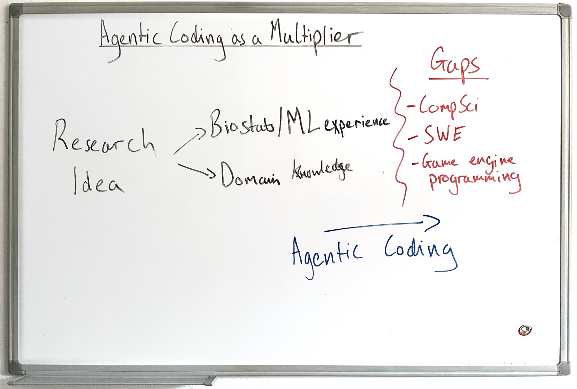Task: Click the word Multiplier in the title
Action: [316, 36]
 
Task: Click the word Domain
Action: [250, 175]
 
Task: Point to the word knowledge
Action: [322, 169]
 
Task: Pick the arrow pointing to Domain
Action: [196, 170]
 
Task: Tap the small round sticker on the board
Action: [525, 330]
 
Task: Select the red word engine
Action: [492, 163]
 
